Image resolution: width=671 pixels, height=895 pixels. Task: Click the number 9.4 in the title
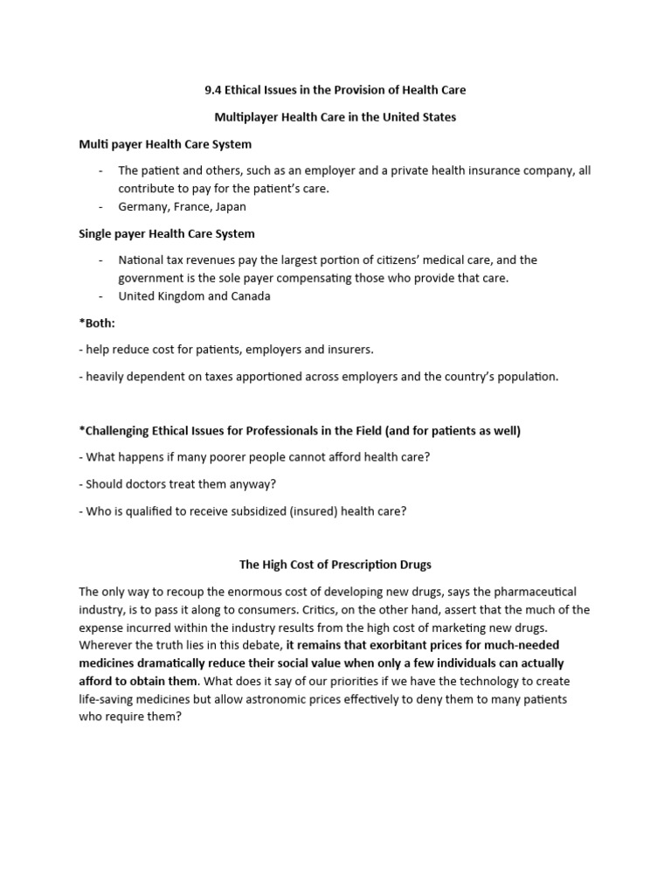coord(201,90)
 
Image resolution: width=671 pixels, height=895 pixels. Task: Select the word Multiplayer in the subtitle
coord(246,117)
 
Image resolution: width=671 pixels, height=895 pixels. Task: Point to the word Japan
coord(229,207)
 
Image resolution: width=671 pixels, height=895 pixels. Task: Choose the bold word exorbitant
coord(399,645)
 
